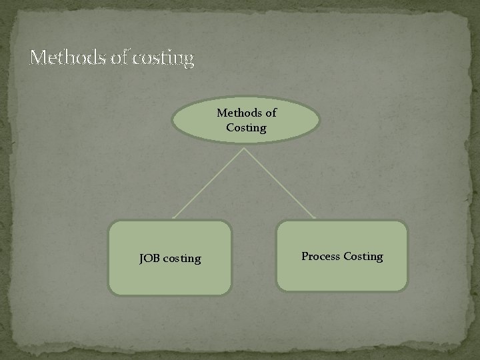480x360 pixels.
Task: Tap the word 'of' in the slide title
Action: click(118, 59)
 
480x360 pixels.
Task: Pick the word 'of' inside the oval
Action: click(271, 113)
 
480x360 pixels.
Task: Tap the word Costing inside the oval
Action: click(246, 127)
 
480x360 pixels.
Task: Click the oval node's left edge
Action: click(173, 121)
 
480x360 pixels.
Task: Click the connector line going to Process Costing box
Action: click(280, 183)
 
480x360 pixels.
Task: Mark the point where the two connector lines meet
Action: click(245, 148)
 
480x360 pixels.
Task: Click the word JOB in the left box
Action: click(149, 258)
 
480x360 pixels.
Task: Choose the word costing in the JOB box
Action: click(181, 259)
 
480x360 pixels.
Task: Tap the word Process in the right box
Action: click(321, 256)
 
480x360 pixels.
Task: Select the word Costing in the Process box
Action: click(363, 257)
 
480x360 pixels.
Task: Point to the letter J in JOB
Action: click(141, 258)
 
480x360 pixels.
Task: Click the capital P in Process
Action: click(305, 256)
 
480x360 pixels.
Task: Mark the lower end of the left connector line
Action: click(173, 218)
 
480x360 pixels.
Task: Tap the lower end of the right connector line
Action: click(316, 218)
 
